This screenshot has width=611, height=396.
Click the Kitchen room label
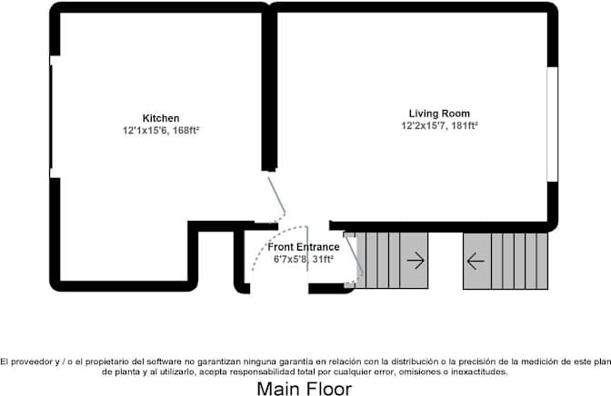click(161, 118)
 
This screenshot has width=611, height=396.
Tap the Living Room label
click(438, 114)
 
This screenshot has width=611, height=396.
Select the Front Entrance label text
click(304, 247)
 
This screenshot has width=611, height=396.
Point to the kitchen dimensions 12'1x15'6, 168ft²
click(161, 131)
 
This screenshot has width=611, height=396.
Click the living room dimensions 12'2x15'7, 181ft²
click(439, 126)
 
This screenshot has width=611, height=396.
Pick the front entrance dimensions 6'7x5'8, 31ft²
click(304, 259)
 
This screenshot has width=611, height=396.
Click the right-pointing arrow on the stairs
click(416, 262)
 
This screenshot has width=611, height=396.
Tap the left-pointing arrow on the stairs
click(476, 262)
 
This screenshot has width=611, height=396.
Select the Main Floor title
click(304, 389)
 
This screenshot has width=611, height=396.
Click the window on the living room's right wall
click(552, 124)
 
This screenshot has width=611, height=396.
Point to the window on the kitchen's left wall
click(53, 116)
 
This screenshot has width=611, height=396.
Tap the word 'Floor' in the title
click(328, 389)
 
